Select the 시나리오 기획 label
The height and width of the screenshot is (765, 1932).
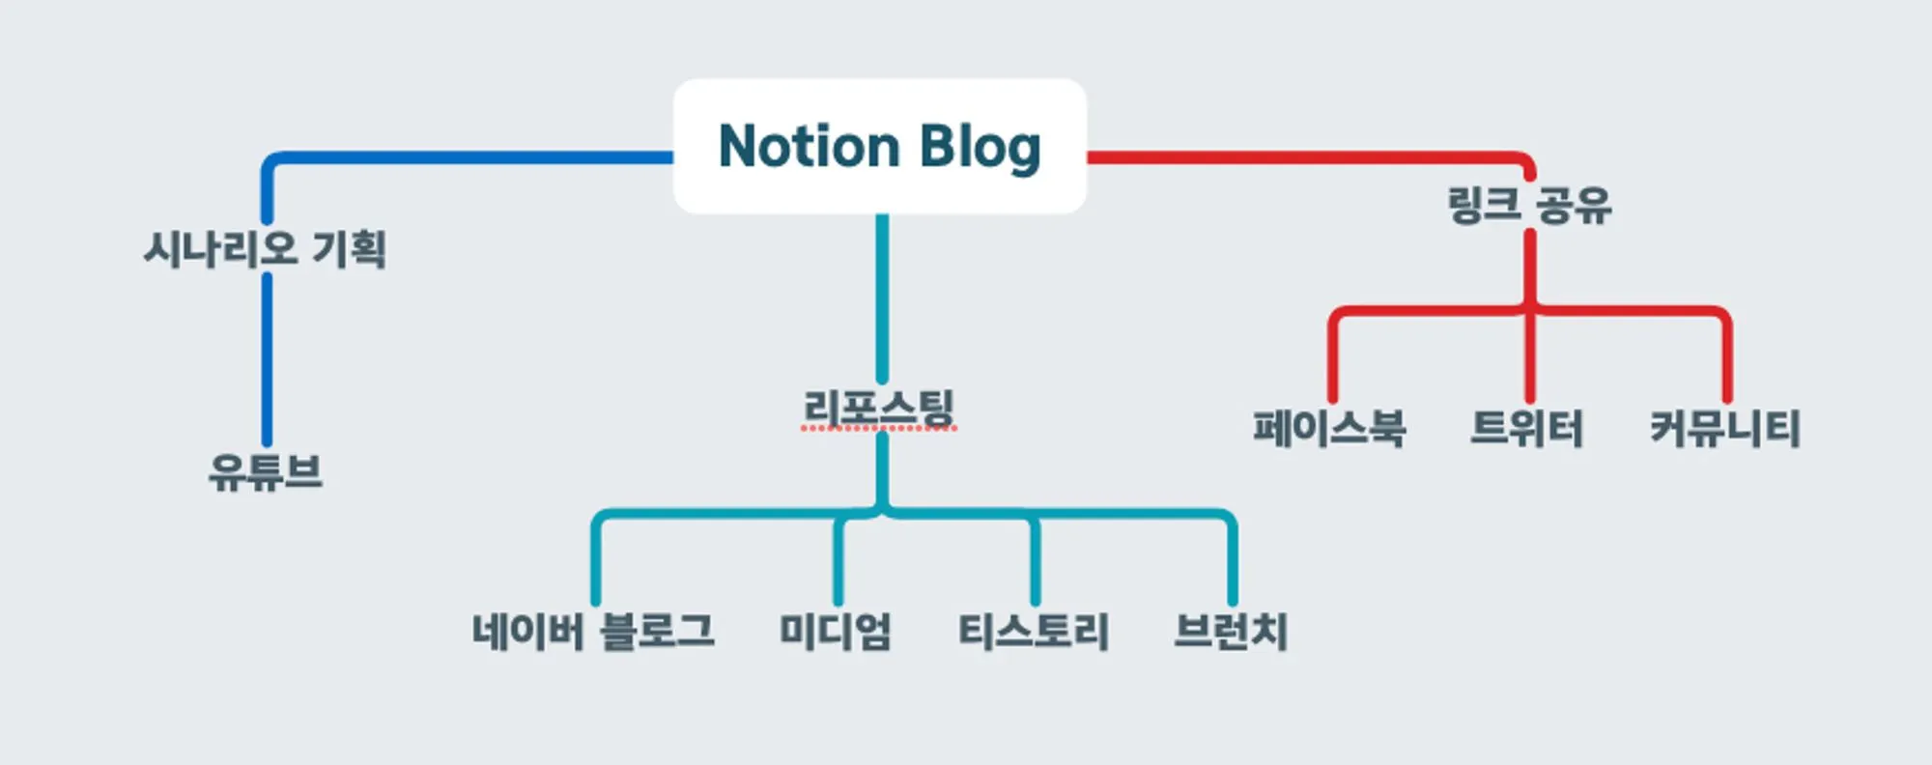point(265,248)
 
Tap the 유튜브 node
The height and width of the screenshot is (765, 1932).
point(266,472)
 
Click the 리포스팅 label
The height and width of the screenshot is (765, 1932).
point(879,407)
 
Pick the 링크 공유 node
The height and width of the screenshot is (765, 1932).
point(1529,205)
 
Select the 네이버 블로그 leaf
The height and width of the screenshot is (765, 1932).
point(593,631)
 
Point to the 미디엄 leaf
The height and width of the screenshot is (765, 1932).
point(836,631)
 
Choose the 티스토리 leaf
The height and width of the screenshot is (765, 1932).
point(1034,631)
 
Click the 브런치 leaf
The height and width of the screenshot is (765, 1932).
point(1231,631)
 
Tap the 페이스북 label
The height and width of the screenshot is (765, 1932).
point(1329,428)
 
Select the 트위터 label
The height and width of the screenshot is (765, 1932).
point(1527,428)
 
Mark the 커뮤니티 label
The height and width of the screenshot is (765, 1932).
point(1725,428)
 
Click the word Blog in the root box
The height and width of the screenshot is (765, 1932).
point(980,147)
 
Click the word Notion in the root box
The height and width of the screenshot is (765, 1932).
point(810,147)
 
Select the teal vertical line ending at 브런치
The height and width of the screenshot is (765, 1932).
point(1233,565)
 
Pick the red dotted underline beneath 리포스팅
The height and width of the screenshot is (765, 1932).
point(879,428)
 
